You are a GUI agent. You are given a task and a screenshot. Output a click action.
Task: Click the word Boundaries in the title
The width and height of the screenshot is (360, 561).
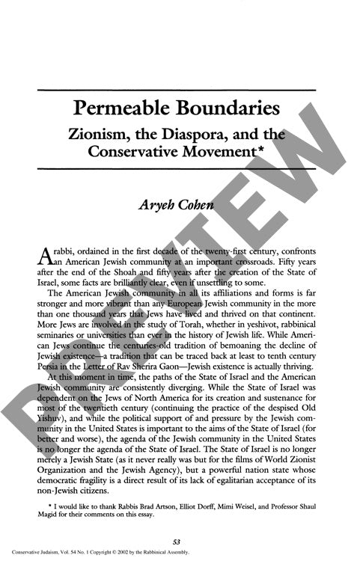228,109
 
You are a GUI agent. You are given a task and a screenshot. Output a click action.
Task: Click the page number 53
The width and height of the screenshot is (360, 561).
179,541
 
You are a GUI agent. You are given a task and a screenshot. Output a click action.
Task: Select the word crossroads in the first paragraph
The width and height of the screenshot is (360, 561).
268,253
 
